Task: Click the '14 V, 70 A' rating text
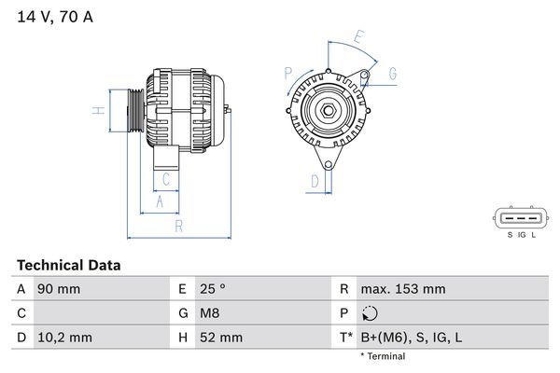tap(55, 17)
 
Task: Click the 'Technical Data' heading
tap(68, 266)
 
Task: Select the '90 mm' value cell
tap(58, 289)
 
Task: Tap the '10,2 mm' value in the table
tap(63, 337)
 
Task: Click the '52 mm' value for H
tap(220, 337)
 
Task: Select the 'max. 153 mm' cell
tap(402, 289)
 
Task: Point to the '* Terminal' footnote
tap(383, 356)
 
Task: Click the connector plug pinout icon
tap(521, 218)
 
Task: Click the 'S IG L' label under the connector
tap(522, 236)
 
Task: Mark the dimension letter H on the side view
tap(97, 112)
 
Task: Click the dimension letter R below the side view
tap(177, 227)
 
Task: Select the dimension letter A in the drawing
tap(160, 201)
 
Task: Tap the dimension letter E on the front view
tap(359, 38)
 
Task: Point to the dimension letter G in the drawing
tap(393, 73)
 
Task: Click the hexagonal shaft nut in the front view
tap(329, 113)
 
